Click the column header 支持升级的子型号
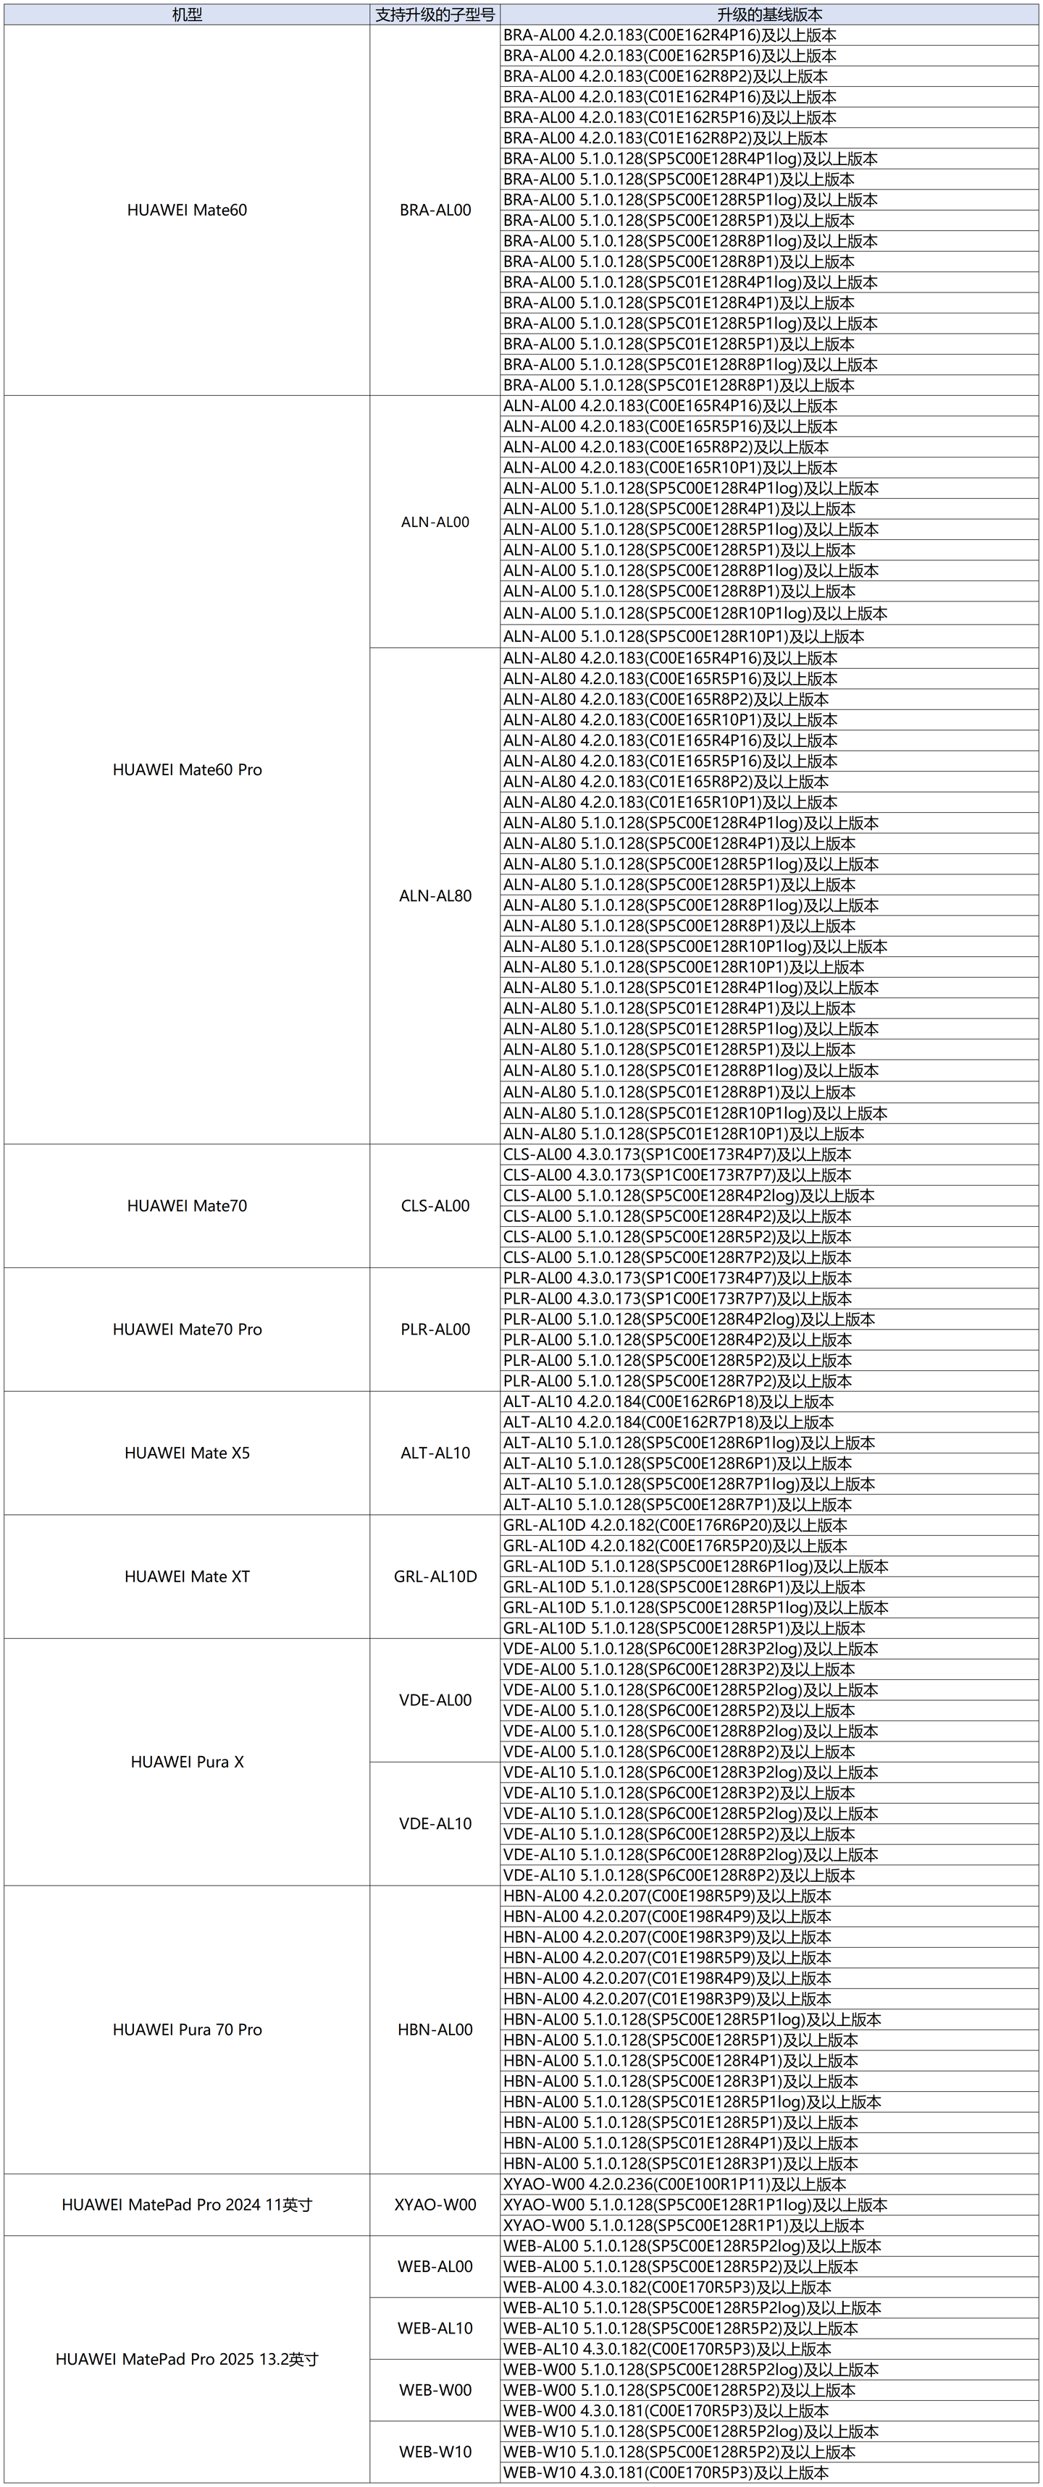(435, 14)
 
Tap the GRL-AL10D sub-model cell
(435, 1576)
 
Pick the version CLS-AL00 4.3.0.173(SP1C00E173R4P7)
(677, 1154)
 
